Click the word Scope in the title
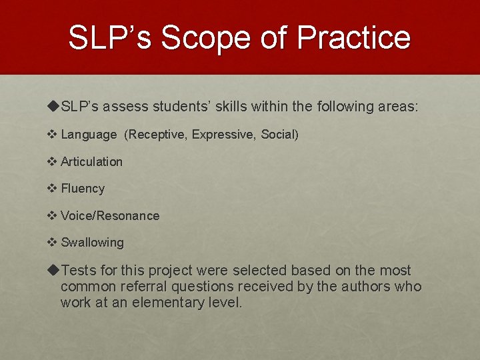tap(203, 37)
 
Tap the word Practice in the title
tap(354, 37)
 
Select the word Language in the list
tap(88, 135)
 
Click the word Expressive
tap(223, 135)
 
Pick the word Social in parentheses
tap(279, 135)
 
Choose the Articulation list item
tap(91, 162)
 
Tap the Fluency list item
tap(83, 189)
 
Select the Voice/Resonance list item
tap(110, 216)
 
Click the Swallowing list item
tap(92, 243)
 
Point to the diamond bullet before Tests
tap(53, 271)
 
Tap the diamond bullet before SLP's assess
tap(53, 107)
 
